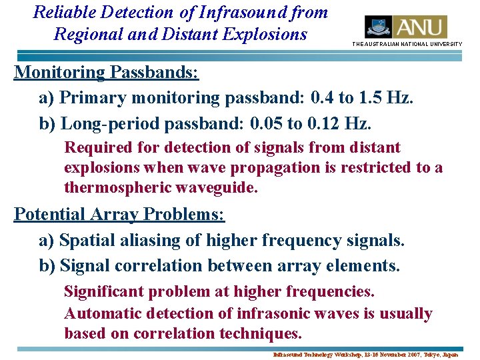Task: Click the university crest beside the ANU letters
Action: [x=378, y=27]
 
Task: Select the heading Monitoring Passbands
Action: [x=107, y=71]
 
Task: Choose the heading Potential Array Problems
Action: [x=119, y=214]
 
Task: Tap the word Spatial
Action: [x=83, y=239]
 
